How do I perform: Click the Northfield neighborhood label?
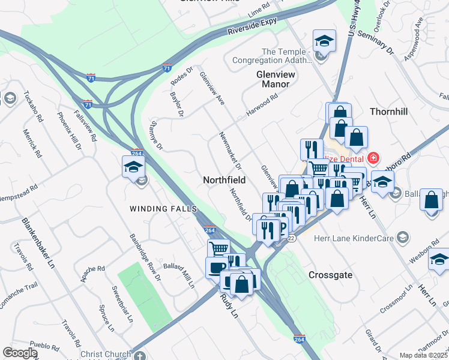tap(224, 180)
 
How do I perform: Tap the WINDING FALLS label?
tap(163, 208)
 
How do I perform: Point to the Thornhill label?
tap(388, 112)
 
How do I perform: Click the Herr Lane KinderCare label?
tap(354, 238)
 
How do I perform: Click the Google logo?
tap(20, 353)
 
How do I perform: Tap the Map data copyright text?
tap(423, 355)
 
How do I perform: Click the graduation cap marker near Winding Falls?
tap(133, 167)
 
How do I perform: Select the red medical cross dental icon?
tap(373, 158)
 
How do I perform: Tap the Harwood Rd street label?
tap(262, 106)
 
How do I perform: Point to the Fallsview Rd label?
tap(85, 125)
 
